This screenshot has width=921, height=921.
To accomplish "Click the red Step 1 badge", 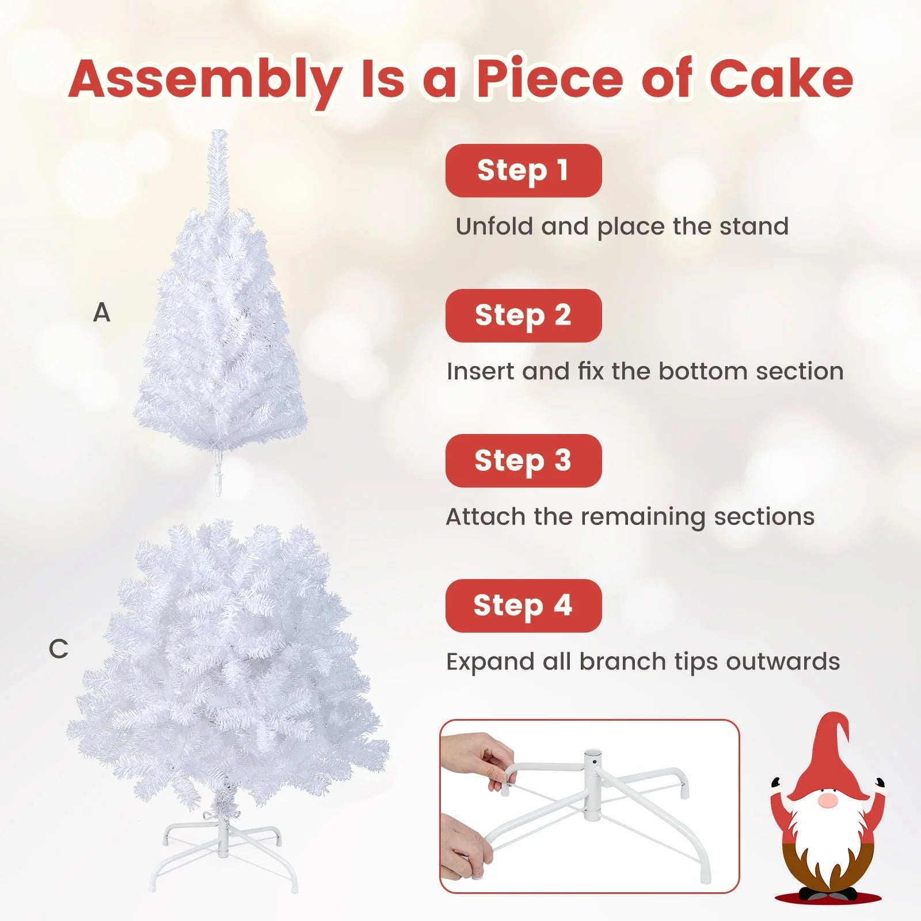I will click(x=523, y=170).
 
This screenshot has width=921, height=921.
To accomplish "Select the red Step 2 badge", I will click(x=523, y=315).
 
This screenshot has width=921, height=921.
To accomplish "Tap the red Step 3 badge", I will click(x=523, y=461).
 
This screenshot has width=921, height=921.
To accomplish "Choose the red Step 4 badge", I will click(x=523, y=606).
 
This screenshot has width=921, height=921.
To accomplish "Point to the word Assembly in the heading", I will click(x=205, y=81).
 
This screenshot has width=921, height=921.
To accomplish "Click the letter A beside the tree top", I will click(x=101, y=313).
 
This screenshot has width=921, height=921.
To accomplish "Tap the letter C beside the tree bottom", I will click(x=58, y=649).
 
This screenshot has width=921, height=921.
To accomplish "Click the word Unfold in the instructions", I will click(x=494, y=226).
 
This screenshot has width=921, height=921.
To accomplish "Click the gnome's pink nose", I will click(x=827, y=800).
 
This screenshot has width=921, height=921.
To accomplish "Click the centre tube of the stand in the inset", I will click(x=592, y=783).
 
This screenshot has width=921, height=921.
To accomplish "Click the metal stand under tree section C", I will click(x=223, y=852).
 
